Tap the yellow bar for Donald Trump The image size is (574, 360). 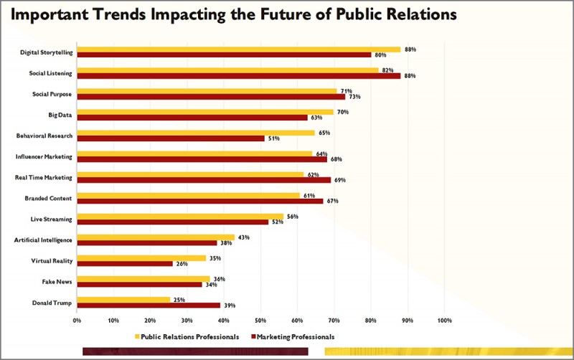tap(123, 299)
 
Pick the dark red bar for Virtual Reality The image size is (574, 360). tap(125, 263)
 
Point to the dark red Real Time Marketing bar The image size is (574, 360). tap(204, 180)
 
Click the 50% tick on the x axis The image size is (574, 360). tap(260, 320)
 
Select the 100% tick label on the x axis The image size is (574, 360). tap(444, 320)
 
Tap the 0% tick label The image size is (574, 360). tap(77, 320)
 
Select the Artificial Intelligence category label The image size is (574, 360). tap(42, 239)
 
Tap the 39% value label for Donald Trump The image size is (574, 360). tap(230, 305)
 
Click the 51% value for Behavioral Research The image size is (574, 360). tap(273, 139)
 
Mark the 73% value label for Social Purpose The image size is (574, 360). tap(354, 97)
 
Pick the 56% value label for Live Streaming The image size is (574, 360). tap(293, 215)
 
